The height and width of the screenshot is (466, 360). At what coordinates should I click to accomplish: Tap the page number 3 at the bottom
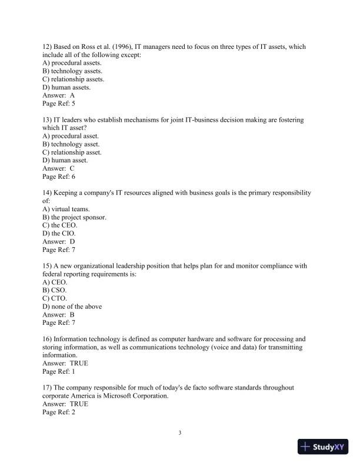point(180,434)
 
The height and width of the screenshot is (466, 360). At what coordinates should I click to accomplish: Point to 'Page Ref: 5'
point(59,103)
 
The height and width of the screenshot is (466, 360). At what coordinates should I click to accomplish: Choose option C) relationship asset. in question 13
point(72,152)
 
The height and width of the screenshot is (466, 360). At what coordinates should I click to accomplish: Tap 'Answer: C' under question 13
point(59,168)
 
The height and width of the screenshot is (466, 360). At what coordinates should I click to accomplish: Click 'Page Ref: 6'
point(59,176)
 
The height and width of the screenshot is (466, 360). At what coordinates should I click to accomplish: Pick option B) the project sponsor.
point(74,217)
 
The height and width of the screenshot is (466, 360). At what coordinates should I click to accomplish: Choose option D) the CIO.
point(59,233)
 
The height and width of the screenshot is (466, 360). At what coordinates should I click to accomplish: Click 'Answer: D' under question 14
point(59,241)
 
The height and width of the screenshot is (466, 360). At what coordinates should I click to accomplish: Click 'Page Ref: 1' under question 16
point(59,372)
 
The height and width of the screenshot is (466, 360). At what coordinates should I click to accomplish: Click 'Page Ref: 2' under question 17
point(59,412)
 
